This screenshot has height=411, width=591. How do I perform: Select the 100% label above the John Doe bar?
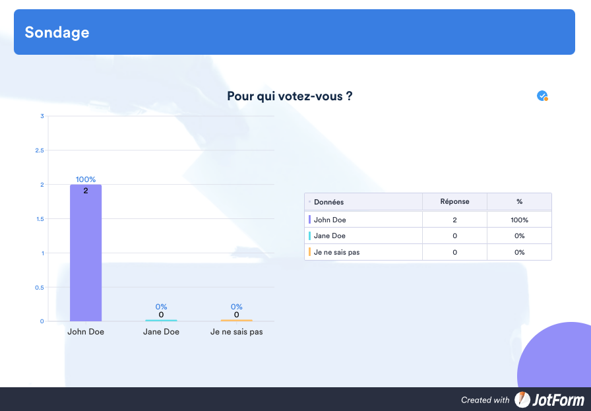[86, 179]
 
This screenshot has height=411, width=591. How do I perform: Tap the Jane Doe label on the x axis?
[161, 332]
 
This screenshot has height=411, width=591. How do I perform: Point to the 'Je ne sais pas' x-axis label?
[236, 332]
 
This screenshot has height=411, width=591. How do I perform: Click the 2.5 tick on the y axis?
[40, 150]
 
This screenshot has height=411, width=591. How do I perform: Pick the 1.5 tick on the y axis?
[40, 219]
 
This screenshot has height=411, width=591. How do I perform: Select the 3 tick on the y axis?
[42, 116]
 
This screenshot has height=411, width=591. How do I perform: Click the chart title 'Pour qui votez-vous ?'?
[290, 96]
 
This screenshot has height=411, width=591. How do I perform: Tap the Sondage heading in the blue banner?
[57, 32]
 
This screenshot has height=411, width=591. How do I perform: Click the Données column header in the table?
[328, 202]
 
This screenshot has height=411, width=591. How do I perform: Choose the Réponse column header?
[454, 201]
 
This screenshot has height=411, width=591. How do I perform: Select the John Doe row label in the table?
[330, 220]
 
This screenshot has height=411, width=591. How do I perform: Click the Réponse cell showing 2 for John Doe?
[454, 220]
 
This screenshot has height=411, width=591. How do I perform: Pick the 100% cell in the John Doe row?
[519, 220]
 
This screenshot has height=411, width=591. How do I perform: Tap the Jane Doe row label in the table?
[329, 236]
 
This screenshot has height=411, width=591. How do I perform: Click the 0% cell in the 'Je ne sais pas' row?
[519, 252]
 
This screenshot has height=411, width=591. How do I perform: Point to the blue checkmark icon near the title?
[542, 96]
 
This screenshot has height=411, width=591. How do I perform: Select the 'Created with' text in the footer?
[485, 400]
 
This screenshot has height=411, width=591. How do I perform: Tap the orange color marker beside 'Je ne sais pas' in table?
[309, 252]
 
